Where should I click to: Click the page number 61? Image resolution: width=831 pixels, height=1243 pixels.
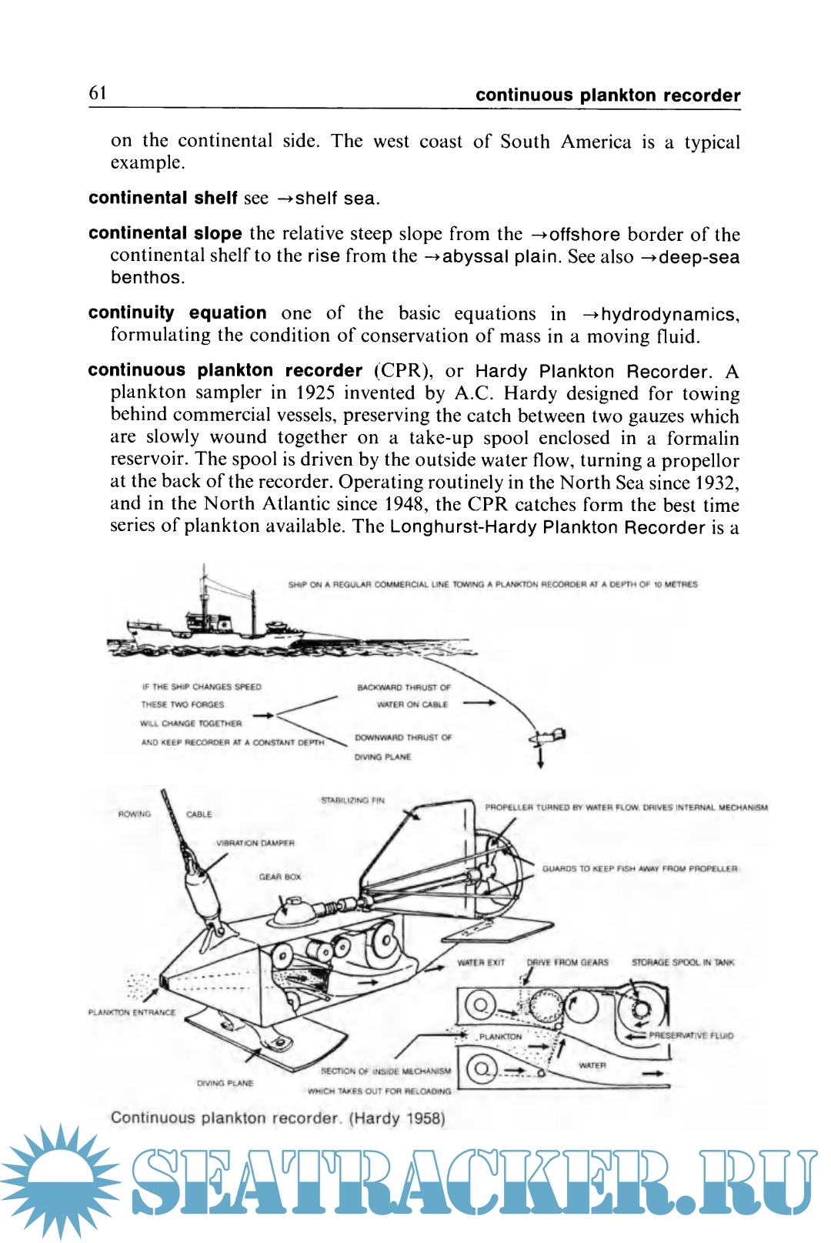point(98,93)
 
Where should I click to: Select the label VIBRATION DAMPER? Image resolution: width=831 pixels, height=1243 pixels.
point(255,843)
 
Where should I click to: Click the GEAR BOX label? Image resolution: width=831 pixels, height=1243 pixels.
point(280,877)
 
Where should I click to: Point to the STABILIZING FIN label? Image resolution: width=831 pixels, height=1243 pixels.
point(352,800)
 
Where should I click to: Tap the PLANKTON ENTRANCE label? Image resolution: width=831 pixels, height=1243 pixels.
point(132,1012)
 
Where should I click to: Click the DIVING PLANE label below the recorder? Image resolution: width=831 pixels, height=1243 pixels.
point(225,1083)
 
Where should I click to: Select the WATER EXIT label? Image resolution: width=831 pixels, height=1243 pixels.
point(481,962)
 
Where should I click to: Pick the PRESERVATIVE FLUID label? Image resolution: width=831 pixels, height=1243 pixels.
point(691,1035)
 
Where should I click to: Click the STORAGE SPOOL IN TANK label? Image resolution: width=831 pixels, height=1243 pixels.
point(682,962)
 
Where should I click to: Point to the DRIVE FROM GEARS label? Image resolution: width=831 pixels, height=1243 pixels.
point(567,962)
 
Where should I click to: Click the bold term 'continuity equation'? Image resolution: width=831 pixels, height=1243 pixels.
point(177,312)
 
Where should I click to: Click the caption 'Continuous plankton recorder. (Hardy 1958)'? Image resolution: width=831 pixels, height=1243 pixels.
point(278,1118)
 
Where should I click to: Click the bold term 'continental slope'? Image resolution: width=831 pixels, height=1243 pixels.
point(165,233)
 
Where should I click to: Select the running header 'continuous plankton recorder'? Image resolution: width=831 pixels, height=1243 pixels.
point(608,95)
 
